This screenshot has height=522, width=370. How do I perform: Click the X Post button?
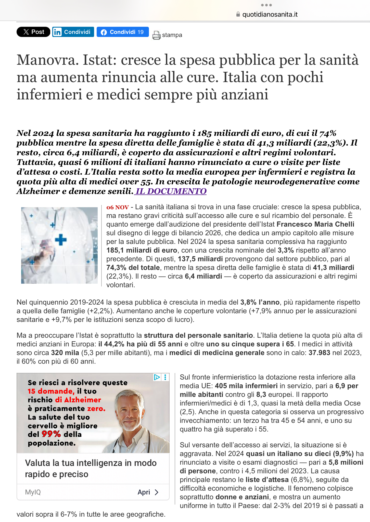(x=33, y=32)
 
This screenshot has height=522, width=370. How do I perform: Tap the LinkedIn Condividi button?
(x=73, y=32)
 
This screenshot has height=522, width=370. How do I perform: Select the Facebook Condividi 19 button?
(x=123, y=32)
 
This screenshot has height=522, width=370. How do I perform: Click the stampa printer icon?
(x=156, y=35)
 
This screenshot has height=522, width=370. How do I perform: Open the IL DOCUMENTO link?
(x=171, y=191)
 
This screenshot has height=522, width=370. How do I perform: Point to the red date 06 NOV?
(x=118, y=207)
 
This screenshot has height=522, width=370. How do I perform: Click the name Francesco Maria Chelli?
(x=315, y=224)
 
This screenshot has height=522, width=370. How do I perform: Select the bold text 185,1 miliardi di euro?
(x=142, y=250)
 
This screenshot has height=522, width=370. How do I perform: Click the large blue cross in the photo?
(x=61, y=240)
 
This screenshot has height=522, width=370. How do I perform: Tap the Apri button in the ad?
(x=148, y=492)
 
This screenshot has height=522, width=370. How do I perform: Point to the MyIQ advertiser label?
(x=33, y=492)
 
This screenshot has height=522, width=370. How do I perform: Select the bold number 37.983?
(x=319, y=353)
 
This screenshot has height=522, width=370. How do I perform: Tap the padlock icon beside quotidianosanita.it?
(x=238, y=14)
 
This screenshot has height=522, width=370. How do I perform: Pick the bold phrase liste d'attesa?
(x=267, y=480)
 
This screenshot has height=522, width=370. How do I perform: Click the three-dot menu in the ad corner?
(x=165, y=377)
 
